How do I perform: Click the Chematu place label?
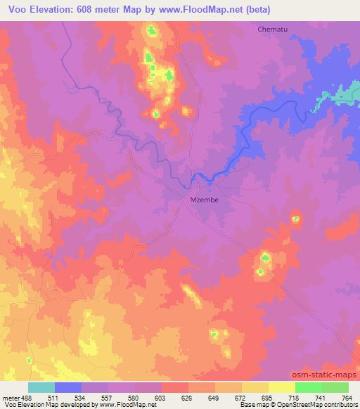click(272, 30)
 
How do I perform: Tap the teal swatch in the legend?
click(41, 387)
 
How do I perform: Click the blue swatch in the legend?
click(68, 387)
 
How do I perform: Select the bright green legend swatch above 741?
click(308, 387)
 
